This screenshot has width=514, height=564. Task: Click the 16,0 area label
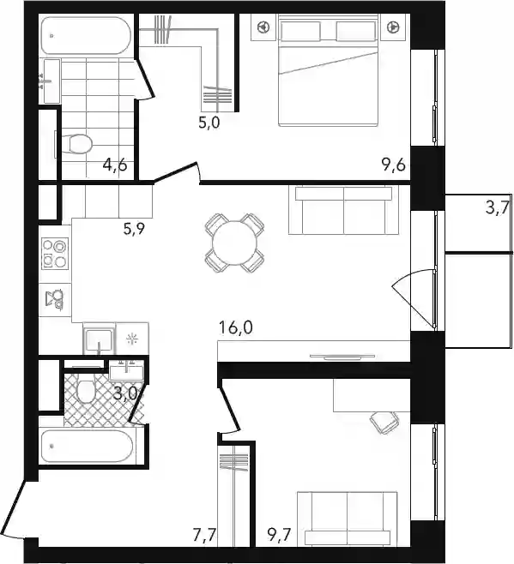[236, 327]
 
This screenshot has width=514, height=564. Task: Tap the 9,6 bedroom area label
[393, 165]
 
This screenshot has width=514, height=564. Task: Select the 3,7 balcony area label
[497, 207]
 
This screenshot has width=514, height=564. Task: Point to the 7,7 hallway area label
[204, 535]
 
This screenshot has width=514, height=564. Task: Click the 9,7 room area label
[279, 535]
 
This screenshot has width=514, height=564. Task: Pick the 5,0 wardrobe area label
[209, 123]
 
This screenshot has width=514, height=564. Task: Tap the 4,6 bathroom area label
[115, 165]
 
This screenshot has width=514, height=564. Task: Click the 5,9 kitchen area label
[134, 229]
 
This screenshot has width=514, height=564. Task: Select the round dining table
[234, 243]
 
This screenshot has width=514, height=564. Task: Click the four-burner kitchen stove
[55, 254]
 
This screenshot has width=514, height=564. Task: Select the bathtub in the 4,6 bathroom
[86, 35]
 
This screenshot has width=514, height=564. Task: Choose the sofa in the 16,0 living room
[343, 210]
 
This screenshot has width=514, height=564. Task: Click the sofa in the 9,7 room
[348, 519]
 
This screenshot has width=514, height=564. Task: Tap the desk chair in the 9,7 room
[384, 422]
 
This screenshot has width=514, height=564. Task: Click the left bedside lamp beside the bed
[264, 27]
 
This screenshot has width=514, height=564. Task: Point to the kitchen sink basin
[99, 339]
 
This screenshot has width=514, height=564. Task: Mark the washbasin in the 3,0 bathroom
[126, 369]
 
